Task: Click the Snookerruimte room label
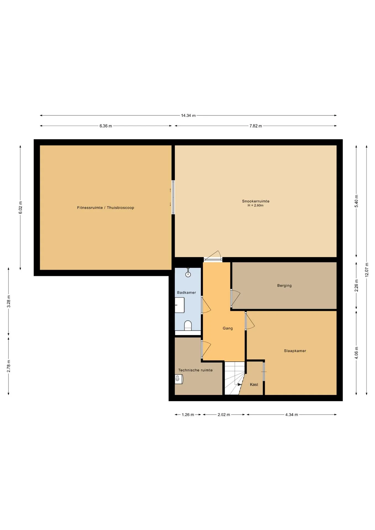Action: [x=256, y=201]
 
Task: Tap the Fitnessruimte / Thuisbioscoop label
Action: [x=105, y=208]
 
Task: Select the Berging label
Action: [x=284, y=286]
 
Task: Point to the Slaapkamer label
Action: [x=295, y=351]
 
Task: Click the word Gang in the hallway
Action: [x=228, y=328]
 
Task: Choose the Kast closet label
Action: [x=254, y=385]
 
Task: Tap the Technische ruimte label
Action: [x=196, y=370]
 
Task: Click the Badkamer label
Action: [x=186, y=293]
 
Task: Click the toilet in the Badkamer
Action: [x=188, y=325]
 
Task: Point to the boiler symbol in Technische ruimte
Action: [x=179, y=379]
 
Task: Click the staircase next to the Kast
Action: [x=234, y=378]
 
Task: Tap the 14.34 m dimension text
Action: [x=188, y=116]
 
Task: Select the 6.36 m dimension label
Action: [x=106, y=126]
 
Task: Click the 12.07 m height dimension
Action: [x=367, y=270]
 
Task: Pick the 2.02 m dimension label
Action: [x=224, y=415]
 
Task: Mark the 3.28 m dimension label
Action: [x=9, y=301]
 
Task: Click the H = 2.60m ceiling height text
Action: [x=255, y=205]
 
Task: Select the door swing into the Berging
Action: [x=236, y=298]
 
